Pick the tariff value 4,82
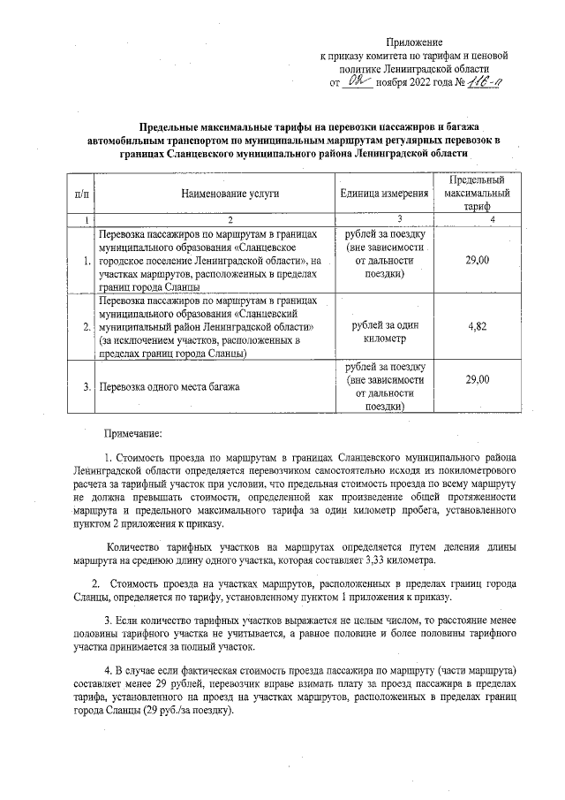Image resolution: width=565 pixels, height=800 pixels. tap(477, 325)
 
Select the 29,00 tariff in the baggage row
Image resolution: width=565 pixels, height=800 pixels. tap(477, 378)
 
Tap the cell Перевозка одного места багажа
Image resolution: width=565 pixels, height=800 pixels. tap(168, 386)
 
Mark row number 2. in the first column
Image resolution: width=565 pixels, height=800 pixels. tap(86, 327)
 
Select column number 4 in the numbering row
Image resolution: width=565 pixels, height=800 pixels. tap(477, 218)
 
